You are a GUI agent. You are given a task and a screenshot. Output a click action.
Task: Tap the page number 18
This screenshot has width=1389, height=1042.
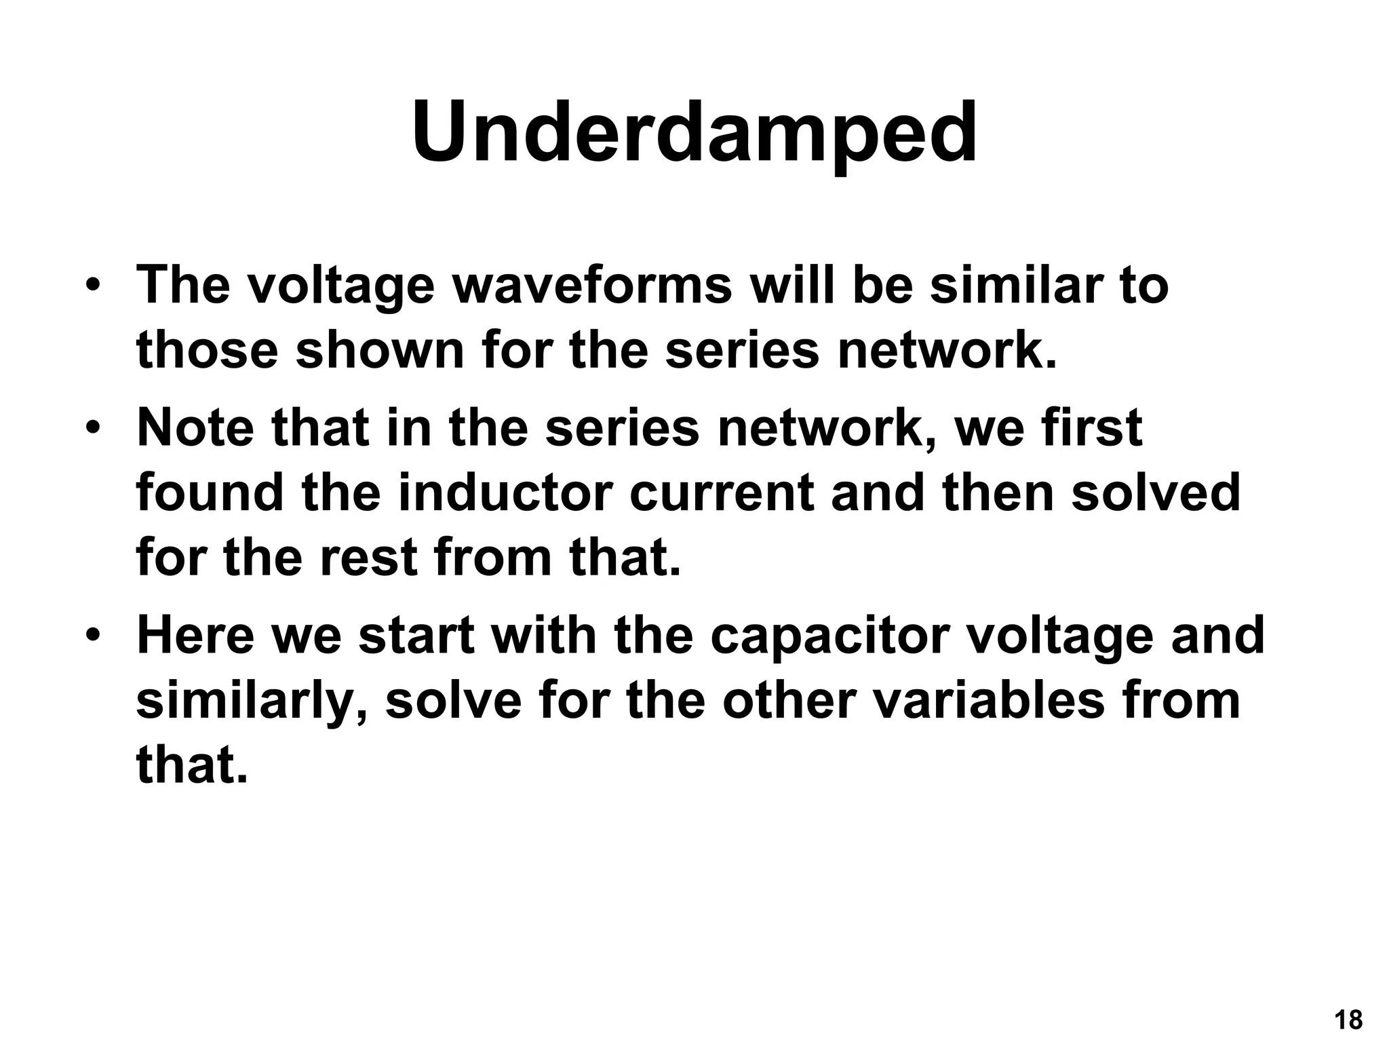click(x=1348, y=1020)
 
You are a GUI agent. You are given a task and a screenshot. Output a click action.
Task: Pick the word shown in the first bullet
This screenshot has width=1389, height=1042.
click(x=380, y=351)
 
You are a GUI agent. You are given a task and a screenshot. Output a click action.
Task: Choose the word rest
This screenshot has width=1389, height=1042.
click(x=368, y=558)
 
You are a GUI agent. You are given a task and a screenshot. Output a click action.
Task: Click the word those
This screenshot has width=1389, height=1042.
click(x=208, y=351)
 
